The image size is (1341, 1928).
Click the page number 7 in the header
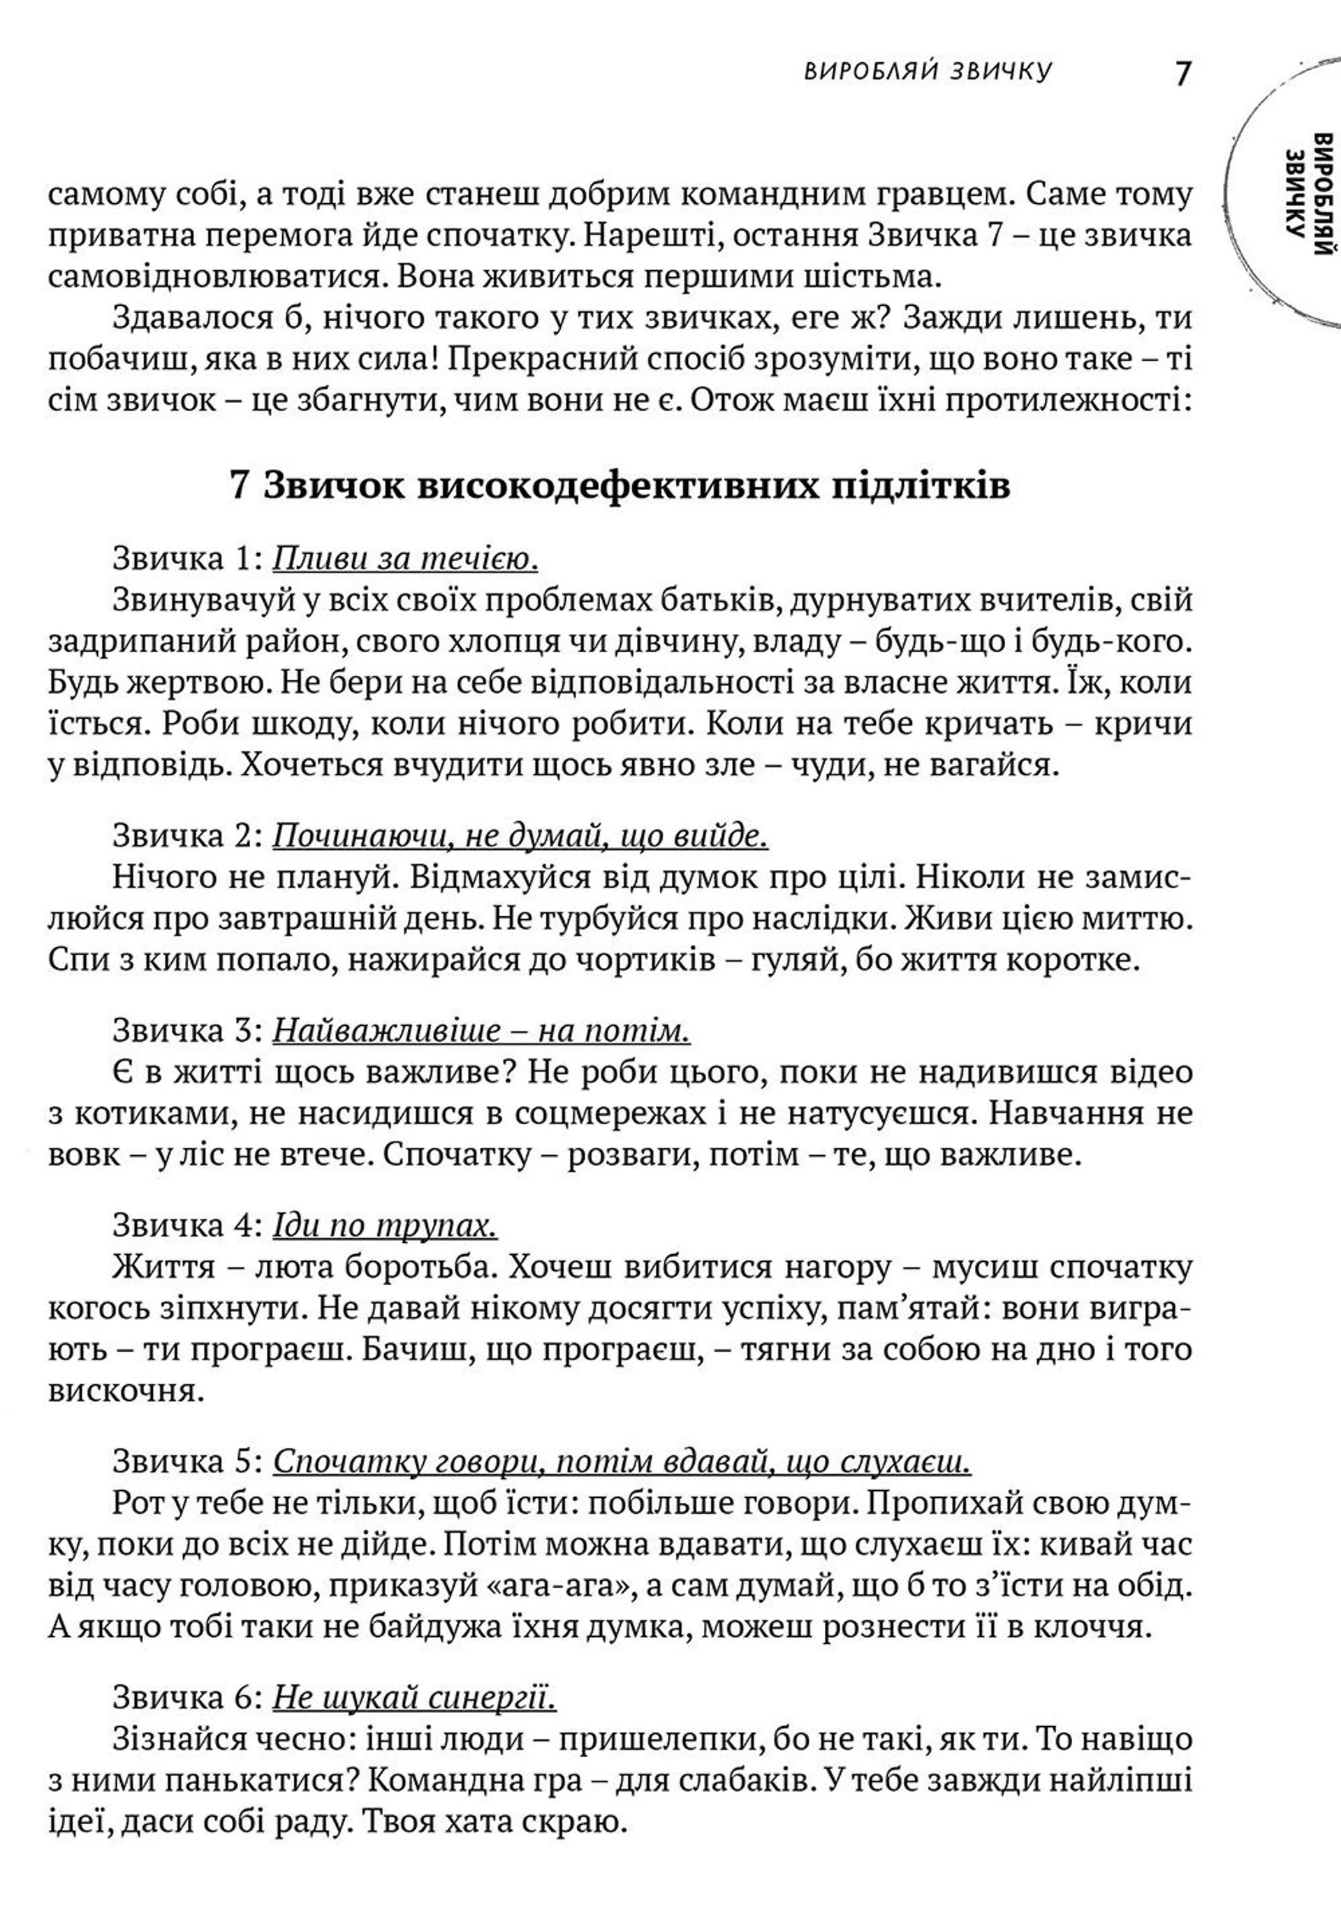tap(1182, 74)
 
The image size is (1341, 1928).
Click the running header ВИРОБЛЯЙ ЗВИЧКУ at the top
tap(927, 72)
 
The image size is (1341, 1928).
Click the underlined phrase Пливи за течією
tap(406, 559)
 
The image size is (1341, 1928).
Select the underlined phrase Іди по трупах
tap(385, 1226)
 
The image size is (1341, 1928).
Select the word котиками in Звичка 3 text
tap(140, 1114)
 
